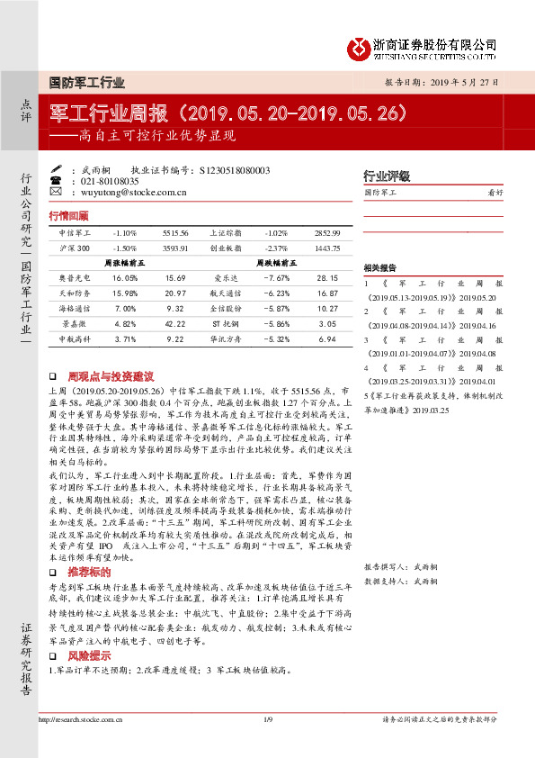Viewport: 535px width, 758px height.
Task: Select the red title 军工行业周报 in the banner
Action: [x=112, y=113]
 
